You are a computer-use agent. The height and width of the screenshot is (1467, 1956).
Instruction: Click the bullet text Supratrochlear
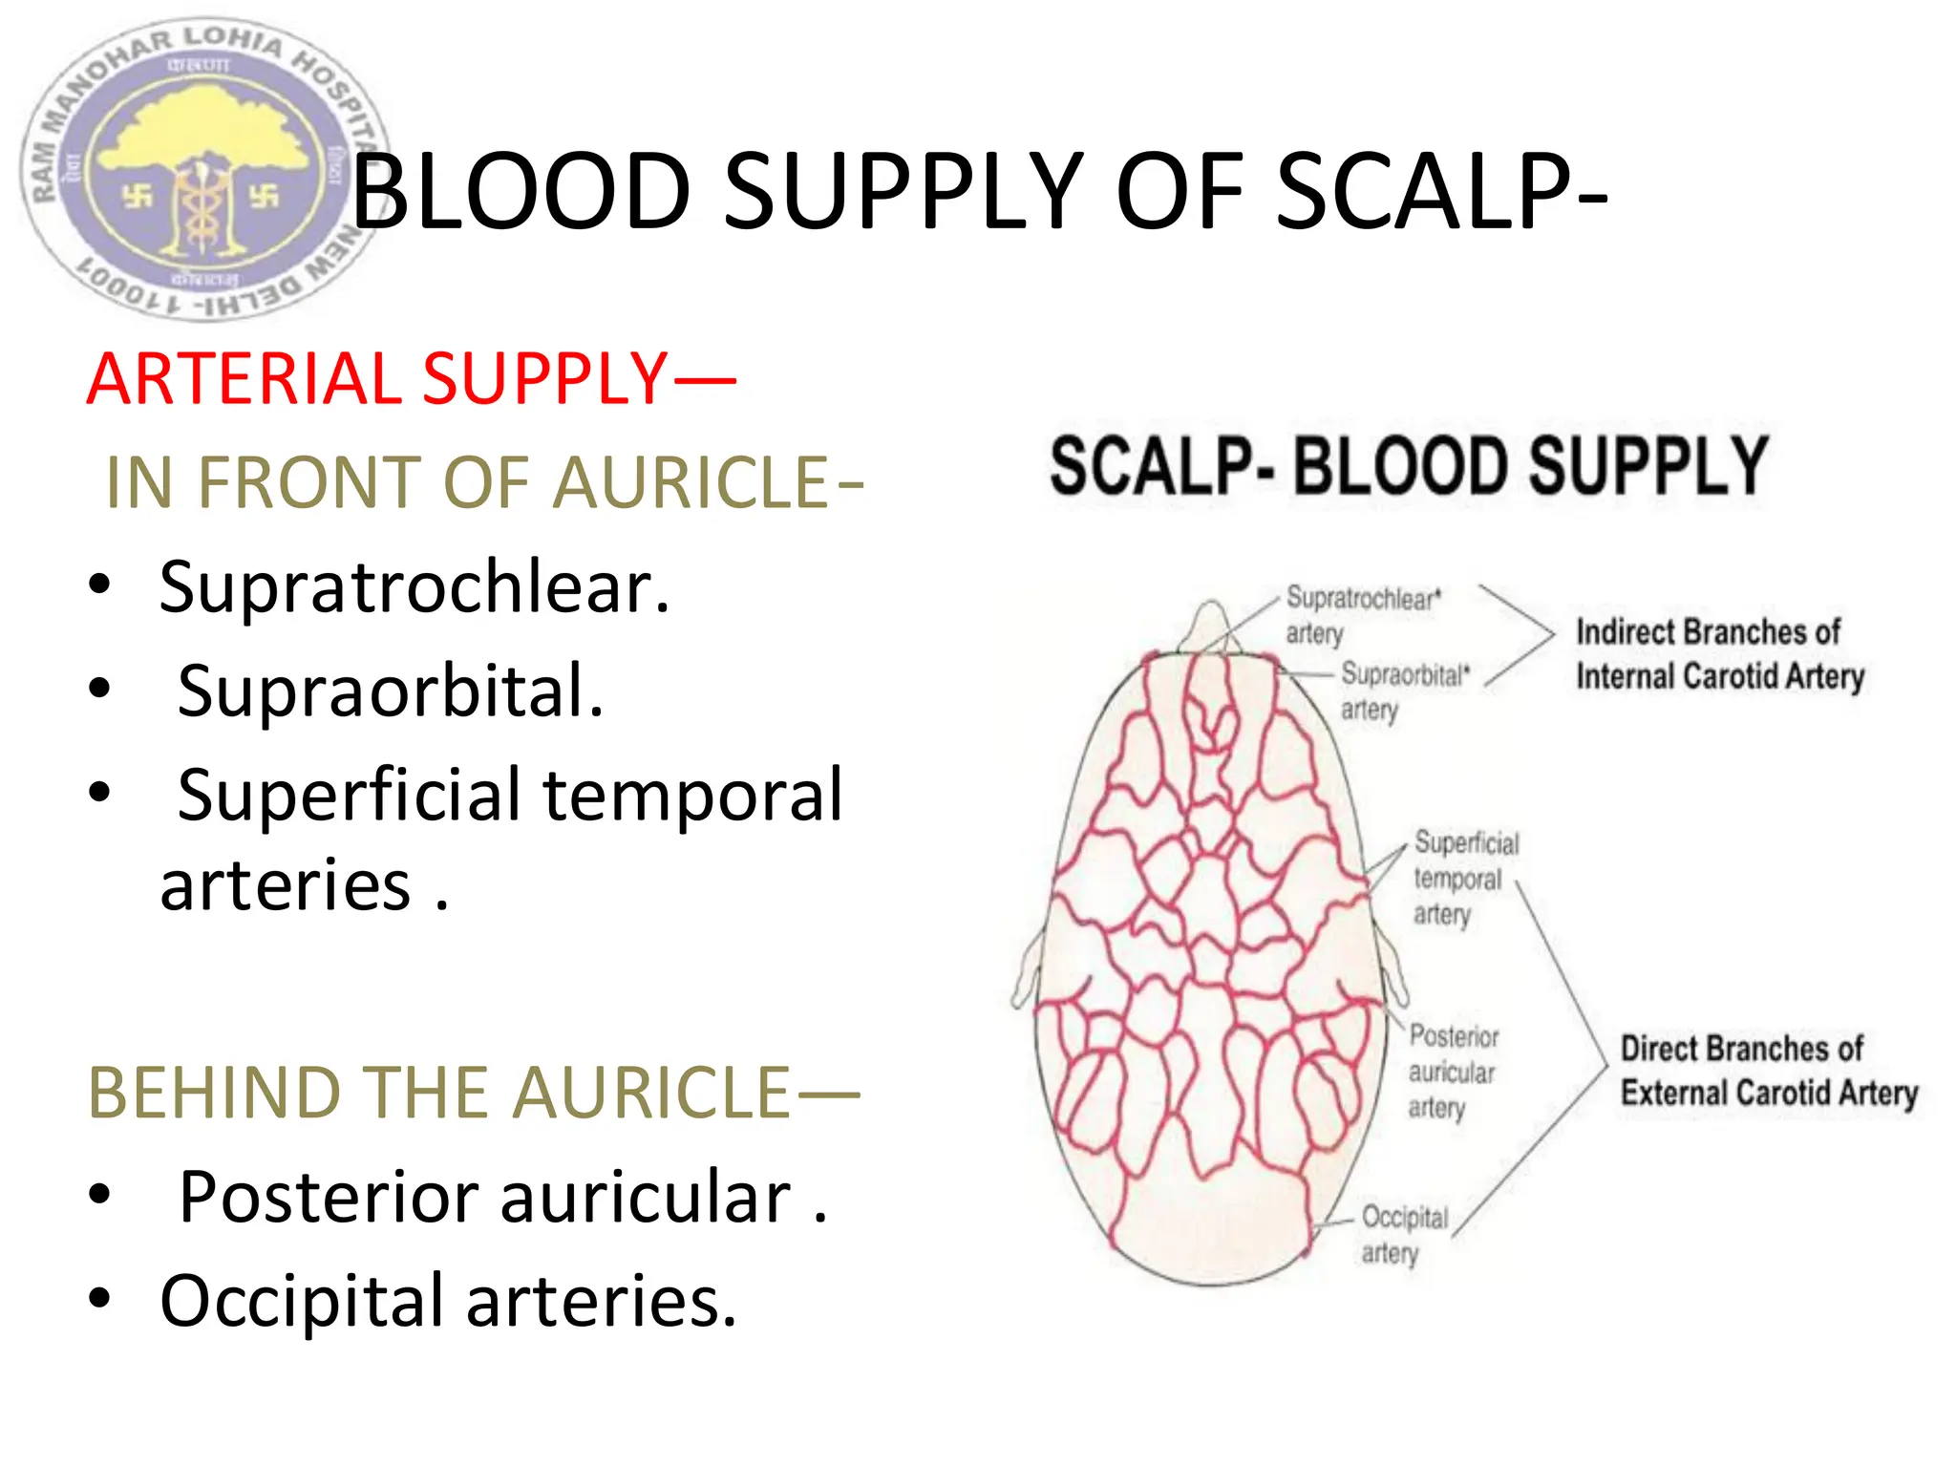[x=414, y=586]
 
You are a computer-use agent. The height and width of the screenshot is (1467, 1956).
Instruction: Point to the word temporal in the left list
[x=692, y=795]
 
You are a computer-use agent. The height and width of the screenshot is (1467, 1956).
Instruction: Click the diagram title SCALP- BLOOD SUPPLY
[x=1409, y=466]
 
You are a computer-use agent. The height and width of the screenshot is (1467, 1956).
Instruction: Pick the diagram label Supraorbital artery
[x=1403, y=691]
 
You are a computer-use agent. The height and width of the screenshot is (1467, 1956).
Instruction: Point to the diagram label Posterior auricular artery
[x=1453, y=1072]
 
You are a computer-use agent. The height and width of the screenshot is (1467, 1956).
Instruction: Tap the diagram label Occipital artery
[x=1404, y=1234]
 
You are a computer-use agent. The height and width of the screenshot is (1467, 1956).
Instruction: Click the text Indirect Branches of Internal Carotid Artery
[x=1719, y=654]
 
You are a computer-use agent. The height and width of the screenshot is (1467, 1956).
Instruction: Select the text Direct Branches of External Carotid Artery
[x=1768, y=1071]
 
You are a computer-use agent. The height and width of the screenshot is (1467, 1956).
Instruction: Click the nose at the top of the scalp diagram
[x=1211, y=626]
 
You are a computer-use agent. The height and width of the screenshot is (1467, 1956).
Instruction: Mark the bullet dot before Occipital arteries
[x=99, y=1299]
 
